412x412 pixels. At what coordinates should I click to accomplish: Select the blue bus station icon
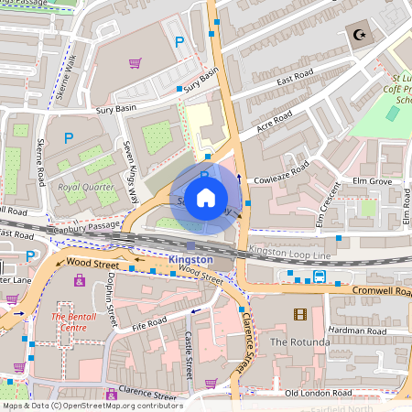320,276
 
